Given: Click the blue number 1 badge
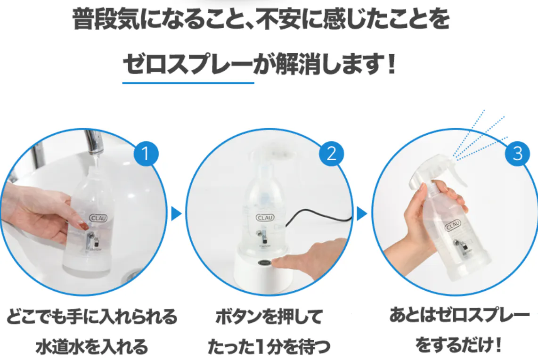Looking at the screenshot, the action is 146,153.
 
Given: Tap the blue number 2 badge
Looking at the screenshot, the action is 332,153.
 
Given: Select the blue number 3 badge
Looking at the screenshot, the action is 517,153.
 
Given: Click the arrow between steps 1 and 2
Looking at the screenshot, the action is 176,214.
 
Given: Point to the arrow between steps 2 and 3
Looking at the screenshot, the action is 362,214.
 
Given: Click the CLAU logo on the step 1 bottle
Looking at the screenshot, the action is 98,218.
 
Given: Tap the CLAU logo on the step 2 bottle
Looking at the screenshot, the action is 265,218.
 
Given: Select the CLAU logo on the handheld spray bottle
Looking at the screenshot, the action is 453,226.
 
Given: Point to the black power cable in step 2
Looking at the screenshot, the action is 319,216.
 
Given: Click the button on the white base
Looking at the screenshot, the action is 264,262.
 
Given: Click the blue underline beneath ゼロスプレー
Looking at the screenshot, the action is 188,83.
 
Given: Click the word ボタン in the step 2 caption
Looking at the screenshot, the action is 238,317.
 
